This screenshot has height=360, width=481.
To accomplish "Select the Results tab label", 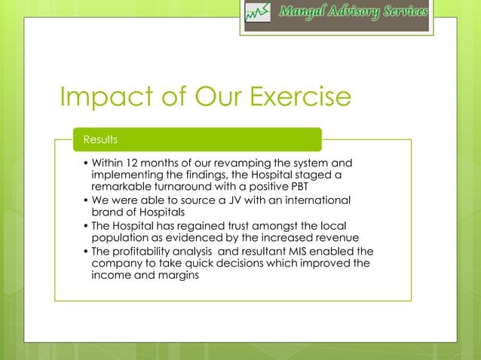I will click(100, 139).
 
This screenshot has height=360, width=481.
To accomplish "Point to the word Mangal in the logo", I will click(307, 12).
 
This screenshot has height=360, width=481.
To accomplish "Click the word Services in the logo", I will click(402, 12).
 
